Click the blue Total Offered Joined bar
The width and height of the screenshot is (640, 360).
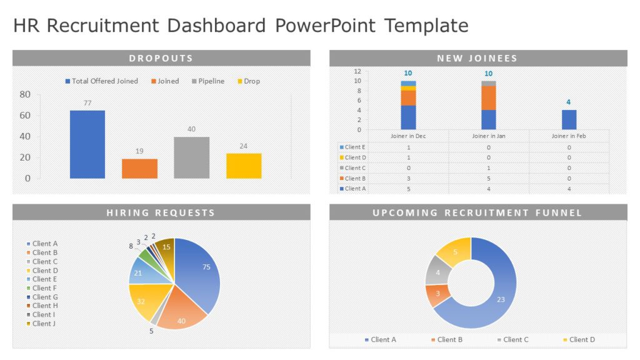point(87,144)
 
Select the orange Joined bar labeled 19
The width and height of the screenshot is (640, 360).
point(139,168)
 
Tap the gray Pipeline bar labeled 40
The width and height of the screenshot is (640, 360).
point(192,157)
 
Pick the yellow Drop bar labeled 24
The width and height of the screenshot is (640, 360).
point(244,166)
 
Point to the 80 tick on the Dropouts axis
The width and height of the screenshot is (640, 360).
point(25,94)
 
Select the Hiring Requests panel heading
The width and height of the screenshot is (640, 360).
point(161,212)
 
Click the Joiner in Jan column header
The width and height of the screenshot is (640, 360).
point(488,136)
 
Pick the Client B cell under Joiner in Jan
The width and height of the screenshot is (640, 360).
point(488,178)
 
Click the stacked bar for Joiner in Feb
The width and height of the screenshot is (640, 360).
point(569,119)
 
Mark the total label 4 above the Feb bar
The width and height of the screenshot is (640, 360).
point(568,102)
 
